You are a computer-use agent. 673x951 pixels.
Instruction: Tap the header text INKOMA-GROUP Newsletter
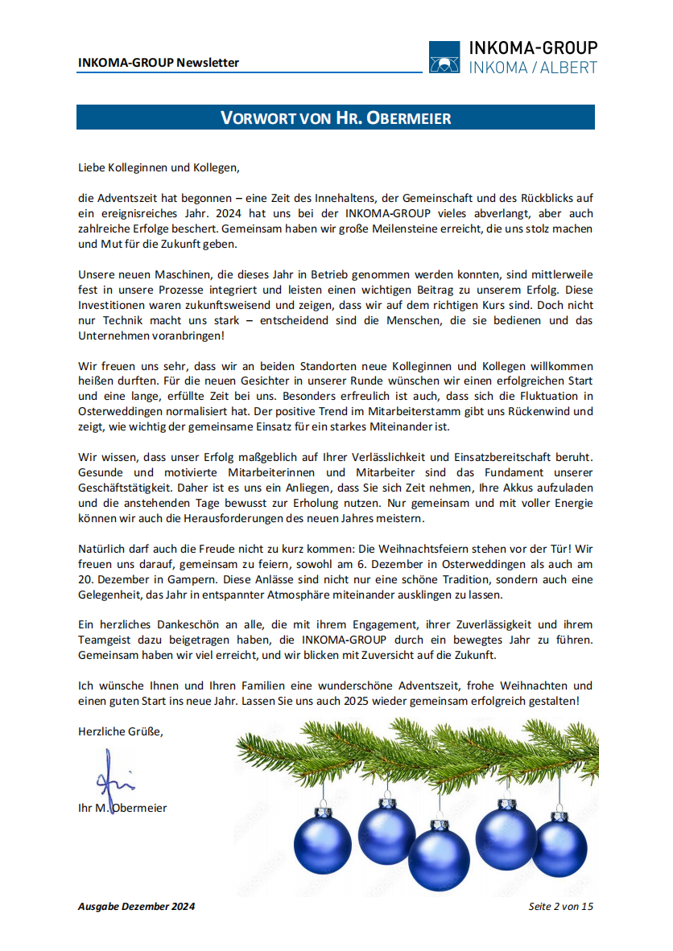159,63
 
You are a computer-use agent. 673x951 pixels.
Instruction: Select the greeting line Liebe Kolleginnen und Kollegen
159,168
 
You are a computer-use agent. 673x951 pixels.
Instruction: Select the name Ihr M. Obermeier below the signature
122,808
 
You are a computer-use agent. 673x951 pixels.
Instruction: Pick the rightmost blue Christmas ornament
559,847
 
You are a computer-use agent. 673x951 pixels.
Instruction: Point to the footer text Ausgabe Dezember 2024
136,907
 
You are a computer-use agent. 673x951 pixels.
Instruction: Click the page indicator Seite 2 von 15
560,907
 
